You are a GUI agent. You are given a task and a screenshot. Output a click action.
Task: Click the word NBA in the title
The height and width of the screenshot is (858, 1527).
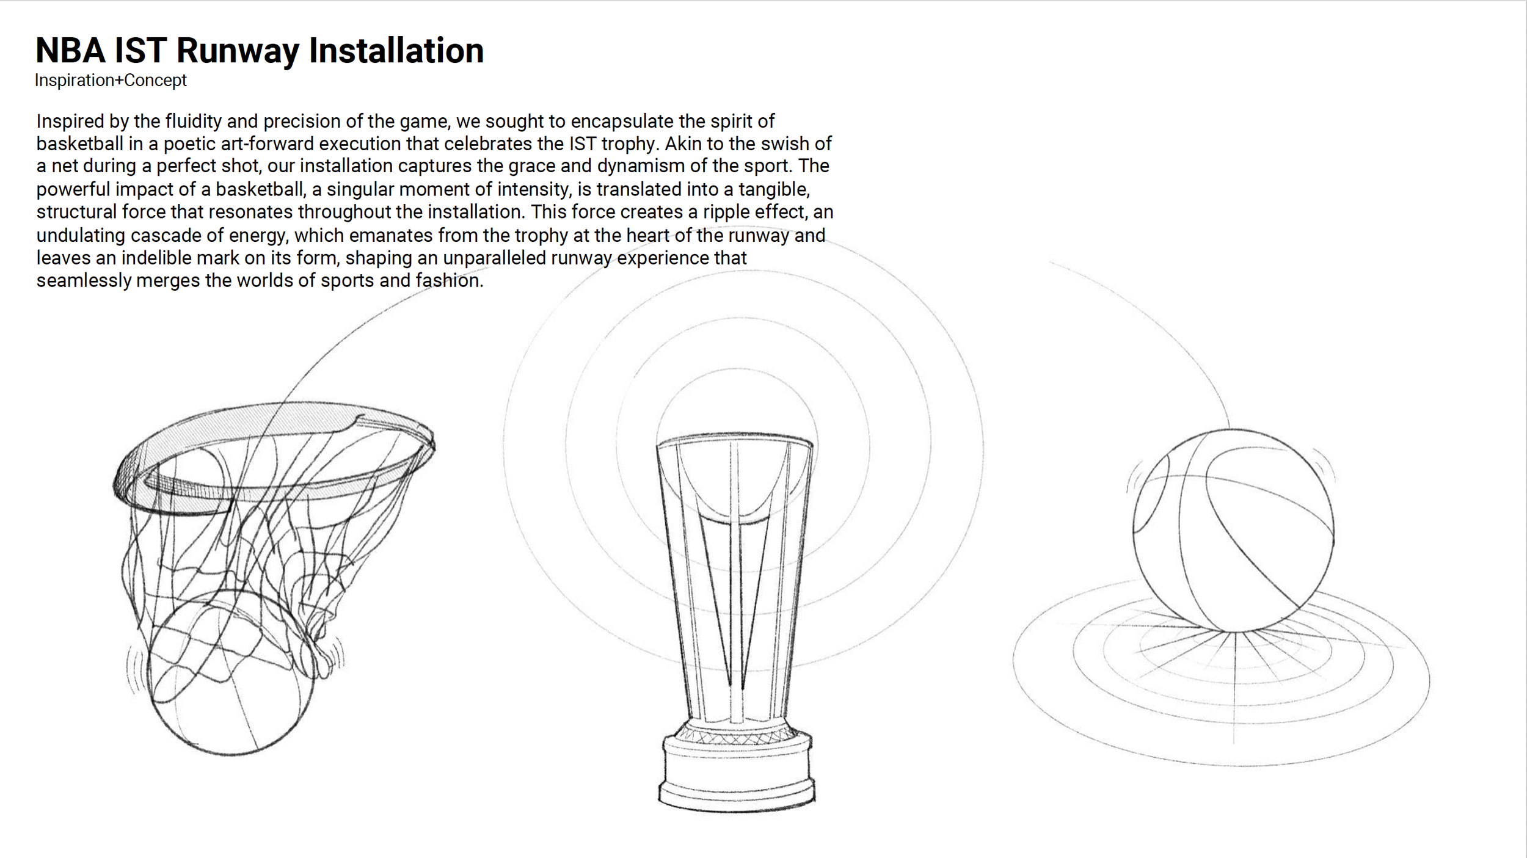point(70,50)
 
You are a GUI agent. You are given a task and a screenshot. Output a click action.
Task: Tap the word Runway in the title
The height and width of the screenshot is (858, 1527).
point(238,51)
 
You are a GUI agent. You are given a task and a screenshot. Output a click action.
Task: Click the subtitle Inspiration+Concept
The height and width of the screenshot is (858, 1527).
point(111,80)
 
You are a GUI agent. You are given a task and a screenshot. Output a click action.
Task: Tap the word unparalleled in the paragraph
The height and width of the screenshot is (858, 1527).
point(494,258)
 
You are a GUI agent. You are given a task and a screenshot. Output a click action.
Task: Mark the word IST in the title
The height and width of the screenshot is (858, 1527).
point(140,50)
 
